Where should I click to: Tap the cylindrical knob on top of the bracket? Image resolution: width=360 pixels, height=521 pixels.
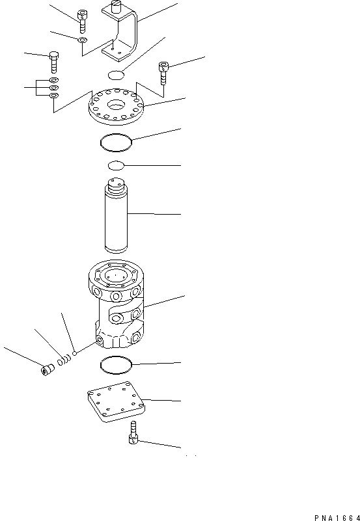click(x=115, y=7)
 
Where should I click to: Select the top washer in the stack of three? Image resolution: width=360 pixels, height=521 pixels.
click(x=54, y=81)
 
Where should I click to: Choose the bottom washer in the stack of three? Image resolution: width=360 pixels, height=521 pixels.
click(x=54, y=96)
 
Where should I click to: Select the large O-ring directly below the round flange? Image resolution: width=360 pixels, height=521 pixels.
click(x=116, y=140)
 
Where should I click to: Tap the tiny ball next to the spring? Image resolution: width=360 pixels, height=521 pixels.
click(x=76, y=354)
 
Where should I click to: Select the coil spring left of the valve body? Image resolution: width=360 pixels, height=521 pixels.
click(x=64, y=360)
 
